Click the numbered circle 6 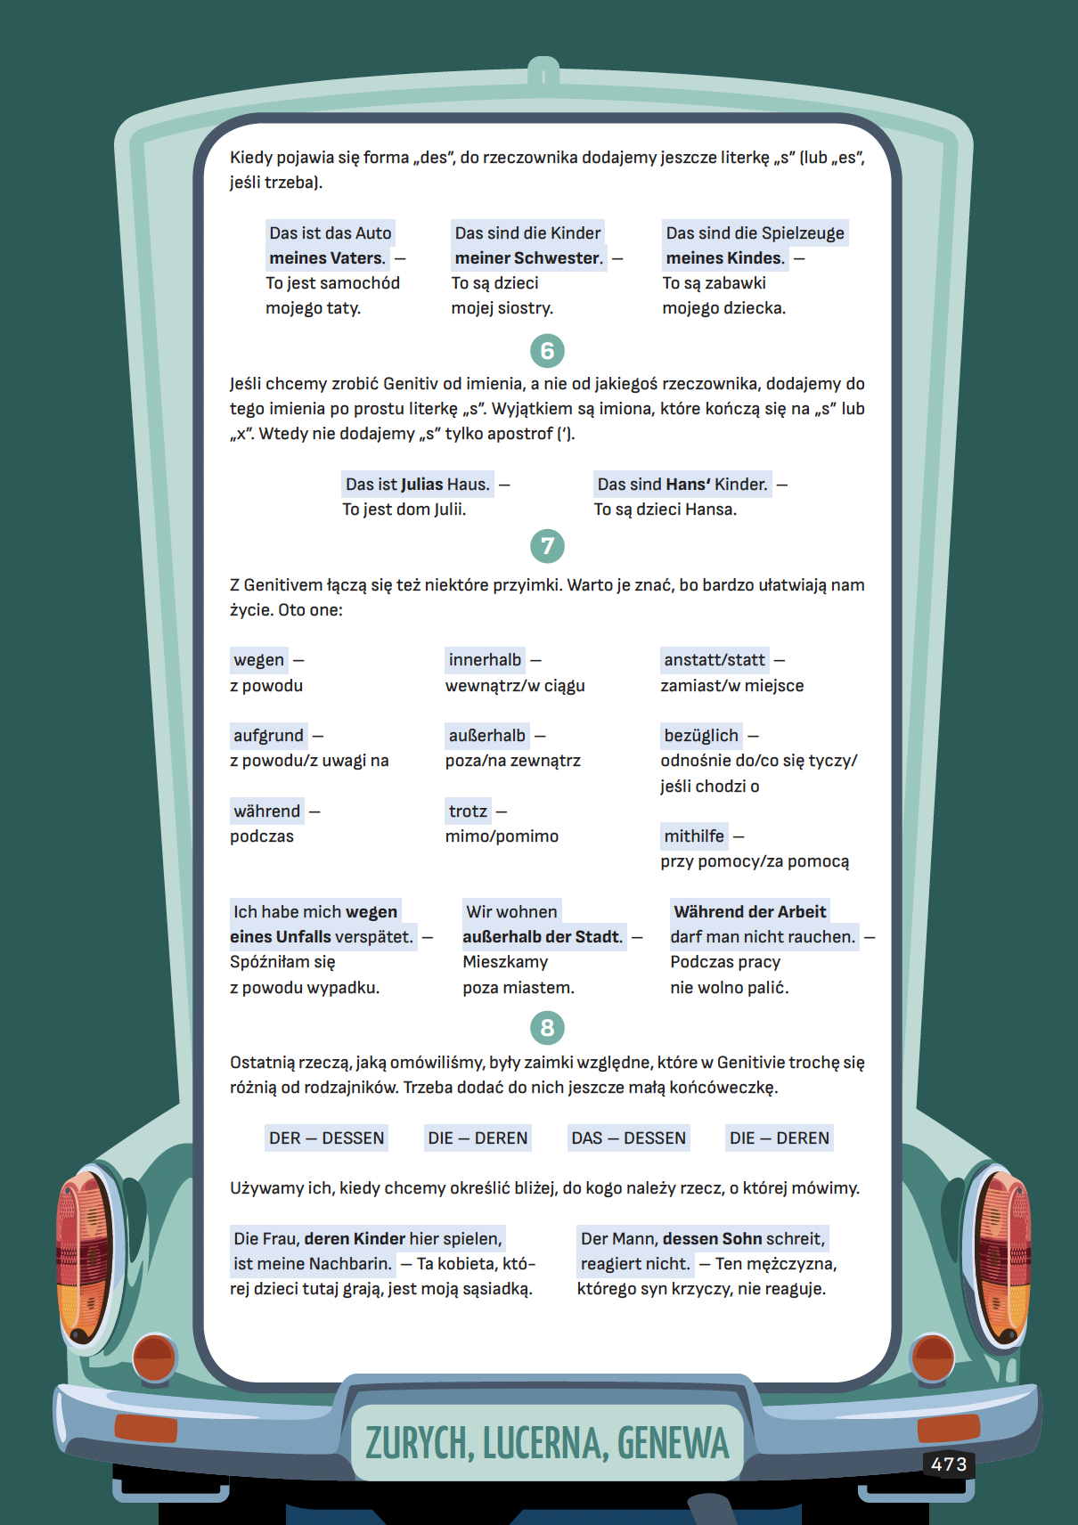[547, 351]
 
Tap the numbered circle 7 [547, 546]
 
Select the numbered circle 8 [547, 1028]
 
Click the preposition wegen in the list [258, 660]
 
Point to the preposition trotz [468, 811]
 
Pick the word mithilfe [694, 836]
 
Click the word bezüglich [701, 736]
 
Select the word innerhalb [485, 660]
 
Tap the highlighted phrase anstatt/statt [715, 660]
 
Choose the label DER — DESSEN [327, 1138]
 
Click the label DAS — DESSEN [629, 1138]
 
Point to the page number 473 [949, 1464]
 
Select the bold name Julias [422, 485]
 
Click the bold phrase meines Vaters [327, 258]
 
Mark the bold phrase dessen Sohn [712, 1239]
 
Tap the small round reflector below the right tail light [932, 1358]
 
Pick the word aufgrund [268, 736]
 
